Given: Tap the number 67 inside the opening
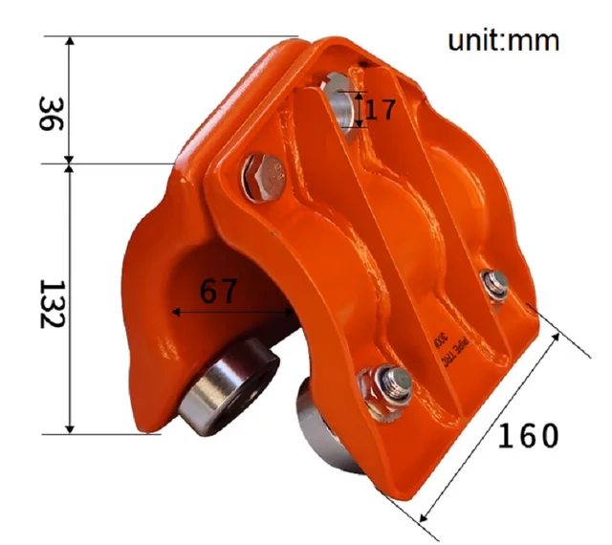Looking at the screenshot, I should click(219, 293).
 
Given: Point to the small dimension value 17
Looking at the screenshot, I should click(380, 108).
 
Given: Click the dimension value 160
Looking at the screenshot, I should click(527, 435).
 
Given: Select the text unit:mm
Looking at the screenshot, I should click(503, 41).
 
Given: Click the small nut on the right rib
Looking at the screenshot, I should click(494, 282).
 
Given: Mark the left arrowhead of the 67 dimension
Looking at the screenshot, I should click(175, 312).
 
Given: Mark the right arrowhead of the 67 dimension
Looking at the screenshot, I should click(293, 312).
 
